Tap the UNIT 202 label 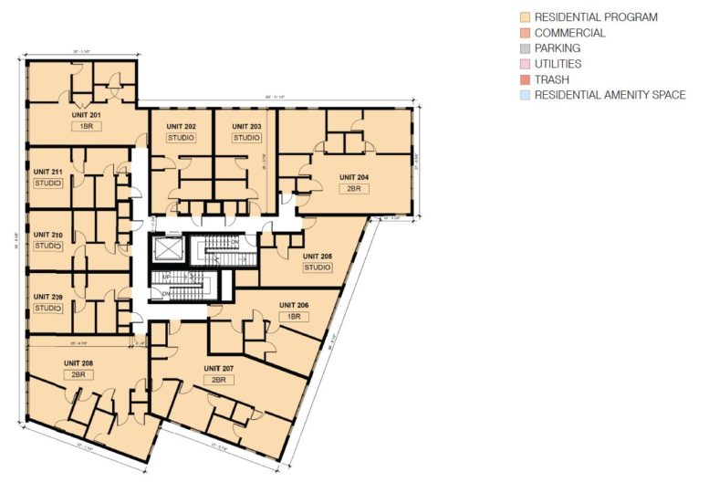click(x=181, y=126)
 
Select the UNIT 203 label click(x=246, y=126)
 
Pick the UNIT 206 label click(x=295, y=304)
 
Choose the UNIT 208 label click(x=79, y=362)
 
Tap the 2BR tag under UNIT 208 click(x=79, y=373)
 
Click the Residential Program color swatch click(x=525, y=17)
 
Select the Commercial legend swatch click(x=525, y=33)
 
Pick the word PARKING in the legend click(x=558, y=48)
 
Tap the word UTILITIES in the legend click(x=558, y=64)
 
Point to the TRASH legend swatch click(x=525, y=79)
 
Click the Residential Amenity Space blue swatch click(x=525, y=95)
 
